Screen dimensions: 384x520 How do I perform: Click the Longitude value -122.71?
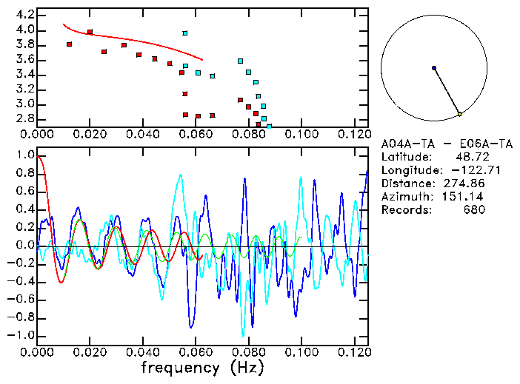tap(464, 170)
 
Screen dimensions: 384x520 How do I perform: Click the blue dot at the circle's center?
tap(433, 68)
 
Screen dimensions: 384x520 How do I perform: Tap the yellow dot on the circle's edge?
tap(459, 114)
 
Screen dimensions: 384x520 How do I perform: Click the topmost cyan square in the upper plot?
tap(185, 33)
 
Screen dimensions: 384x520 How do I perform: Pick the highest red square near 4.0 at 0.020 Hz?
tap(90, 32)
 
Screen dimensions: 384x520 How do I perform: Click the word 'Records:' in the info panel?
tap(404, 210)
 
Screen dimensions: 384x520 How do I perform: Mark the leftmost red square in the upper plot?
tap(69, 44)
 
